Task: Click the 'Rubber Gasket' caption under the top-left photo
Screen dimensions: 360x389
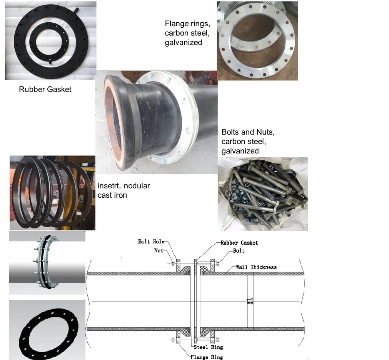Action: pyautogui.click(x=45, y=89)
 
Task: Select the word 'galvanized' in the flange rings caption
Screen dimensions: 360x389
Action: pyautogui.click(x=184, y=42)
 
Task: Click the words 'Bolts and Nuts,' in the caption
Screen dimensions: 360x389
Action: pyautogui.click(x=248, y=132)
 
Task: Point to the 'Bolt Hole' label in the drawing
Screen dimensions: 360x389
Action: pyautogui.click(x=151, y=242)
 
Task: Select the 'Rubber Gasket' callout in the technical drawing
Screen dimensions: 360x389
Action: pyautogui.click(x=239, y=243)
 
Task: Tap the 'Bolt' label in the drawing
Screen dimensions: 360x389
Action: pyautogui.click(x=239, y=251)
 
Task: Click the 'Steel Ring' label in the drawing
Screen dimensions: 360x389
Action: pyautogui.click(x=208, y=347)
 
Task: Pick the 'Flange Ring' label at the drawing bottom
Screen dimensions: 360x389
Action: pyautogui.click(x=207, y=357)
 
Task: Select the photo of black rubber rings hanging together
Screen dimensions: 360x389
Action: pyautogui.click(x=52, y=193)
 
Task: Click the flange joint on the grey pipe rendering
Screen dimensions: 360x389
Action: pyautogui.click(x=47, y=262)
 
